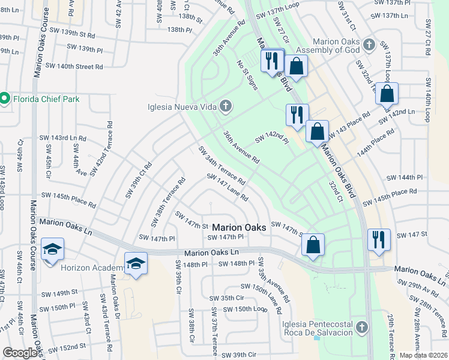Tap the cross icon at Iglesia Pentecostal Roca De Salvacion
tap(361, 327)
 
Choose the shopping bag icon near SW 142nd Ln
tap(387, 93)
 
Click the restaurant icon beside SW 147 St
tap(379, 239)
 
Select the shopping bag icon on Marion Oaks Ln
tap(313, 244)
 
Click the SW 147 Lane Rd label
tap(228, 188)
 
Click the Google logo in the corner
tap(20, 353)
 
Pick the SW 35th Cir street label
tap(227, 298)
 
